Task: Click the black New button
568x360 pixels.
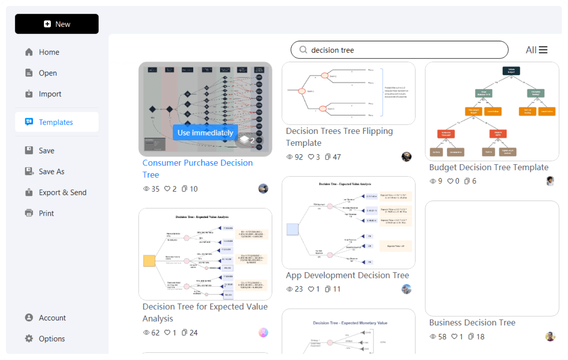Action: click(57, 24)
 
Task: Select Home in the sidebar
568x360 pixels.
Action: click(49, 52)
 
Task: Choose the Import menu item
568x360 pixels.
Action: click(49, 94)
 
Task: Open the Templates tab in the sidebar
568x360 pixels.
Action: click(55, 122)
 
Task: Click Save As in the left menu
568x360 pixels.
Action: click(51, 171)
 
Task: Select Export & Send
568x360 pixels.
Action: click(62, 192)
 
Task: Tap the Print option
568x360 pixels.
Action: click(46, 213)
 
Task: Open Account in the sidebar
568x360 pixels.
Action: click(52, 318)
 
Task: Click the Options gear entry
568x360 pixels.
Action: click(52, 339)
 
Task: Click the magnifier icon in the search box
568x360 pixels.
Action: click(303, 50)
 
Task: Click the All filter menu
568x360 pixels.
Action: click(536, 50)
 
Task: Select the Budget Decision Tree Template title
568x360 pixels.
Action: click(489, 167)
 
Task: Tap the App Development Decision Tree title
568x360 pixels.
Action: click(348, 275)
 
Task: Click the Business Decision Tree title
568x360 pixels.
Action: click(472, 322)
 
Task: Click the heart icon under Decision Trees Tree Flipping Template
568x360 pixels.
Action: click(311, 157)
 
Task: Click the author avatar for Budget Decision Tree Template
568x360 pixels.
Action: click(550, 181)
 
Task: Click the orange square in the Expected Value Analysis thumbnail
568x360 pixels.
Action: click(149, 261)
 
